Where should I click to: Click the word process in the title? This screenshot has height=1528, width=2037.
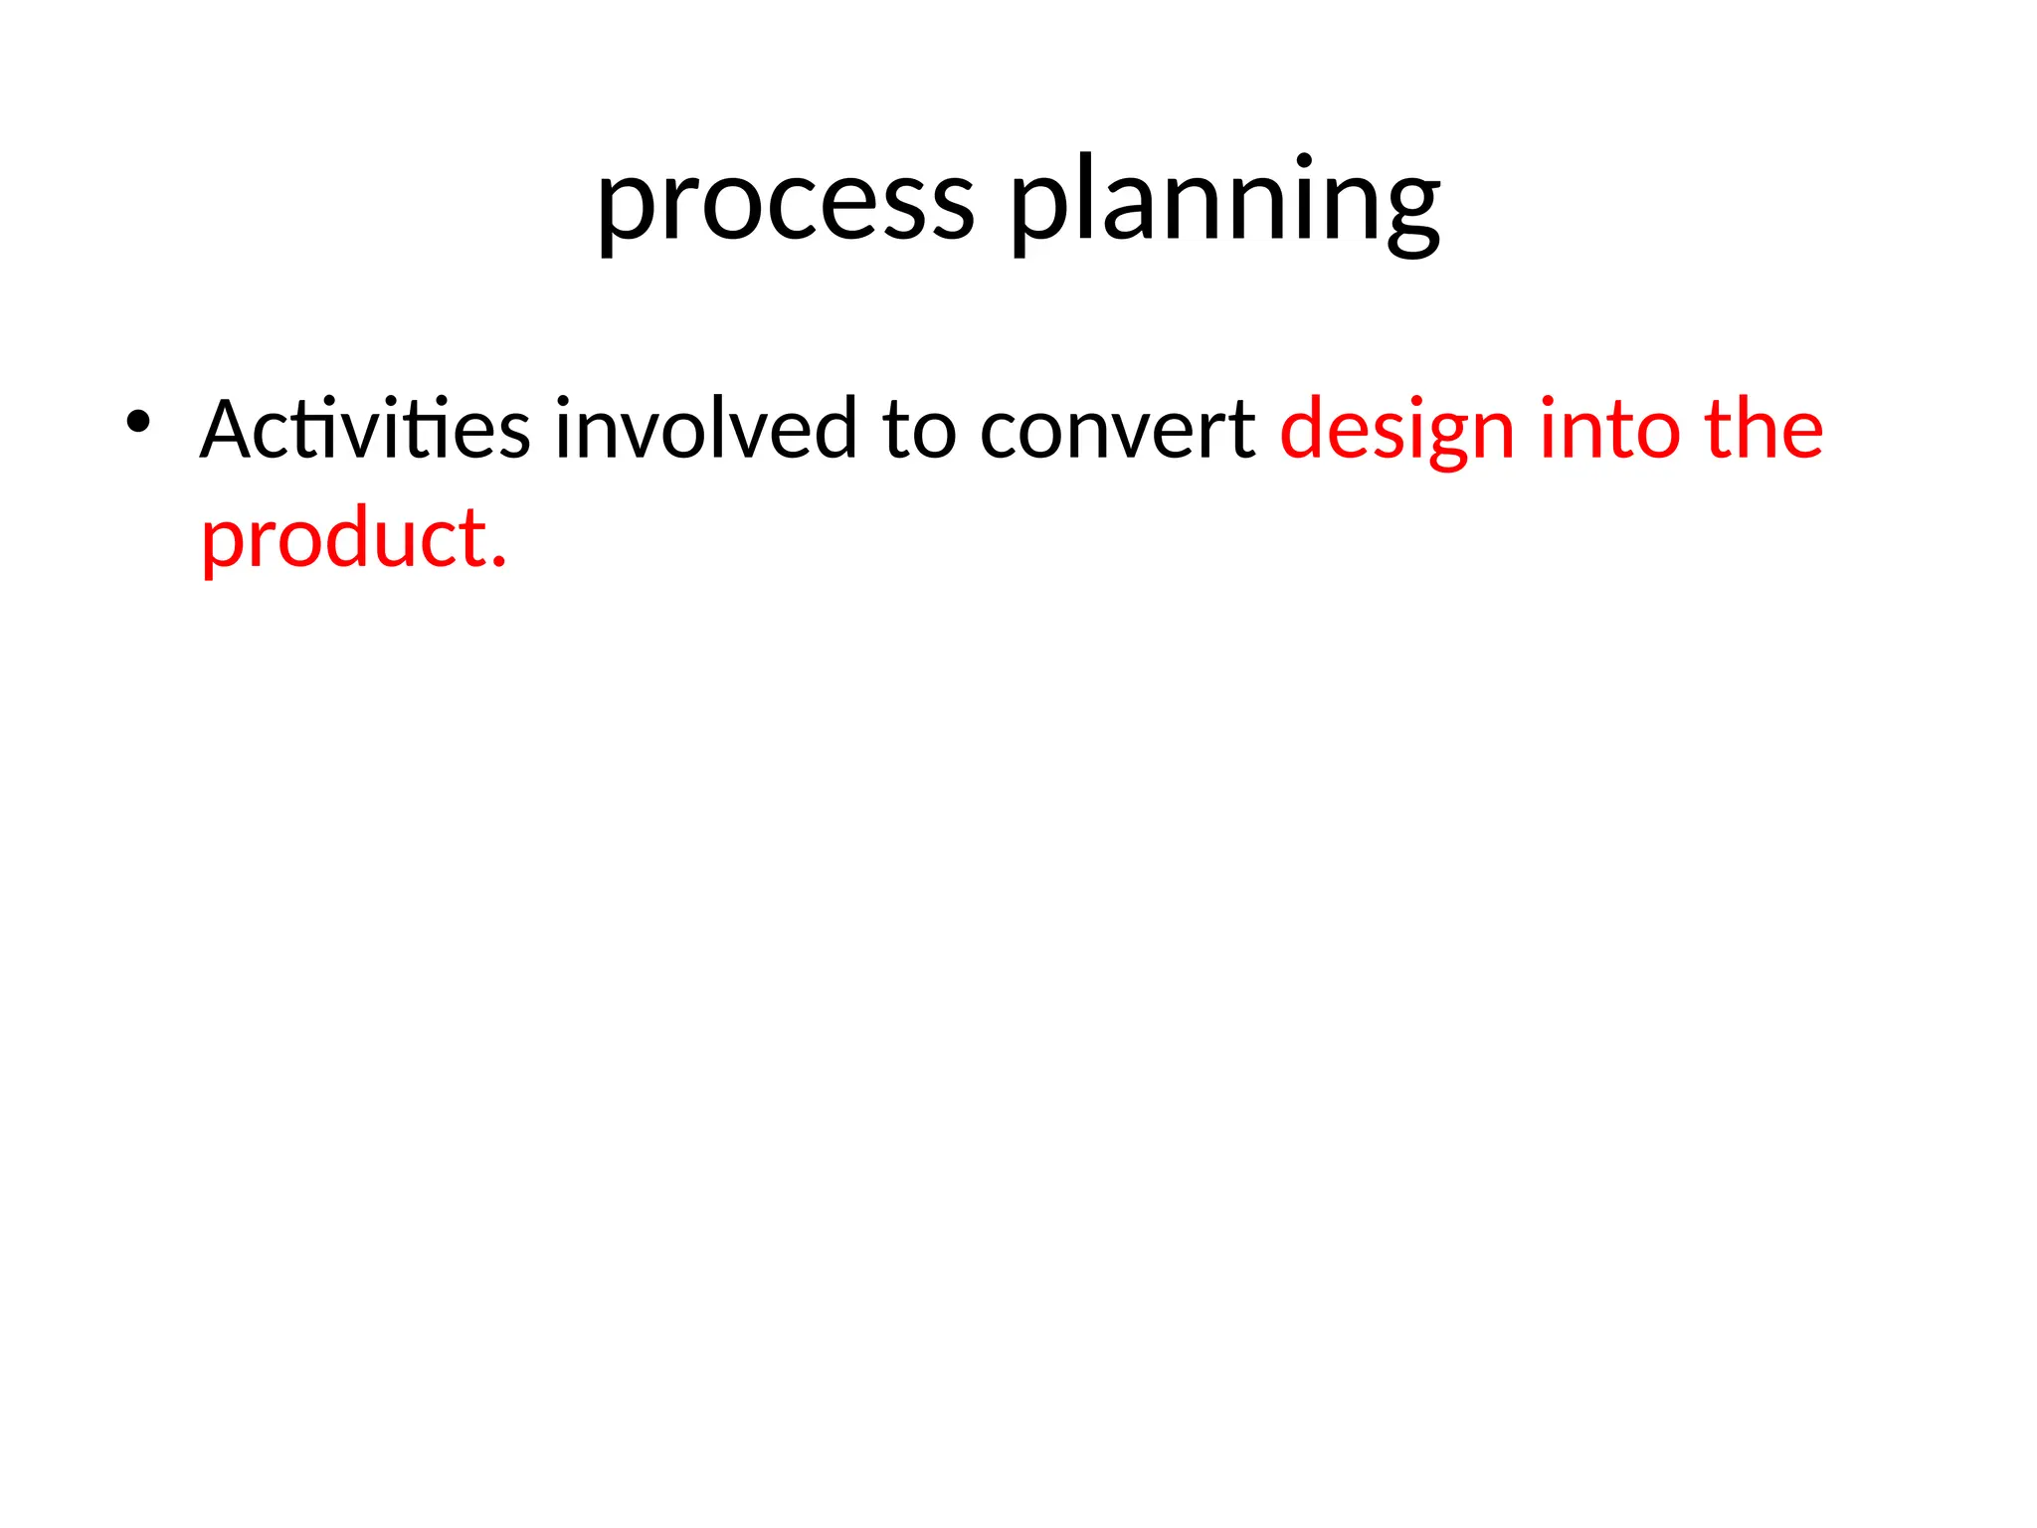[785, 204]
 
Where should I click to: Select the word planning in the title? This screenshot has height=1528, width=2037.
[1225, 204]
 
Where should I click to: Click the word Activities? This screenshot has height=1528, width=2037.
[364, 430]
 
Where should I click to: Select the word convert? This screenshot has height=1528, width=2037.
[1117, 430]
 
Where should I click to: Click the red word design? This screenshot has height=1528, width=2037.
[1396, 430]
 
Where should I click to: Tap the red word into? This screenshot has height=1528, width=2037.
[1609, 430]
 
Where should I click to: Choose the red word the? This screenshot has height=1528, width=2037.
[1763, 430]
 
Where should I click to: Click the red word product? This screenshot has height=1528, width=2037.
[343, 539]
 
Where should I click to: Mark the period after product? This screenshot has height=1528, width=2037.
[499, 564]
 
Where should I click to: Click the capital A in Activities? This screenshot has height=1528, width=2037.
[228, 430]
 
